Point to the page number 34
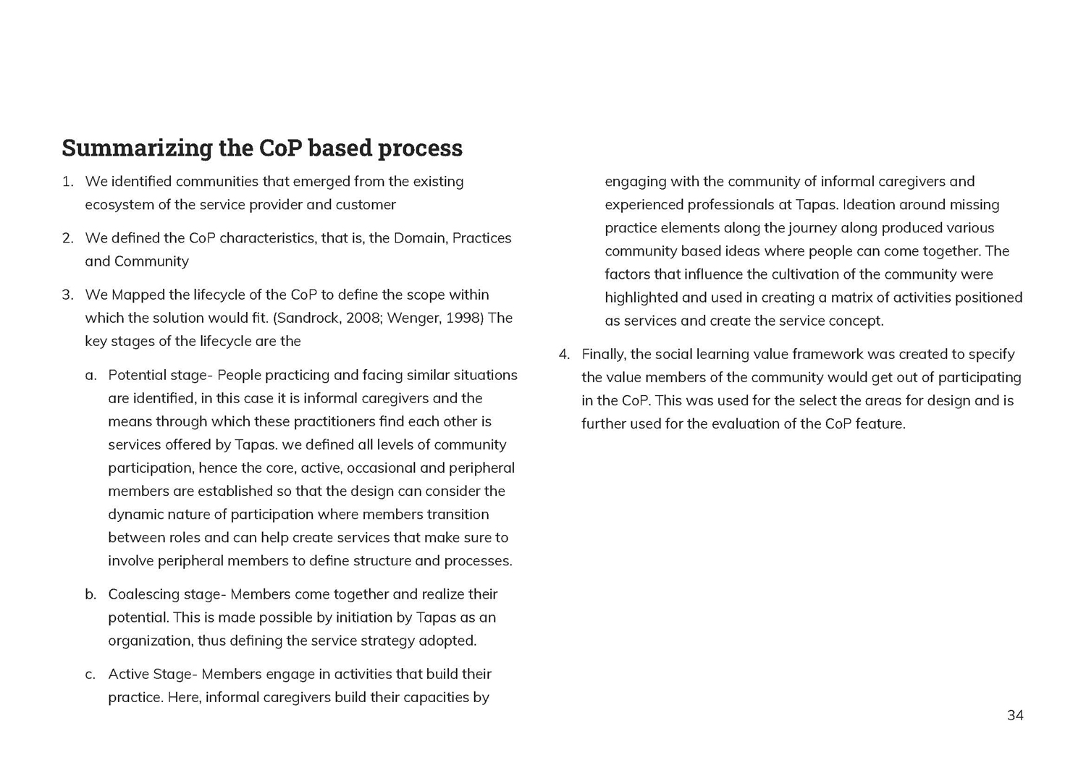point(1015,716)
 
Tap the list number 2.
point(67,238)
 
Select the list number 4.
point(565,355)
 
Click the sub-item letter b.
point(90,595)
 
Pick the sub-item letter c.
point(90,675)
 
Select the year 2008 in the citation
point(363,318)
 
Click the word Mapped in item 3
point(138,295)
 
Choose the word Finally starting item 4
point(603,355)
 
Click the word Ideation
point(868,205)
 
